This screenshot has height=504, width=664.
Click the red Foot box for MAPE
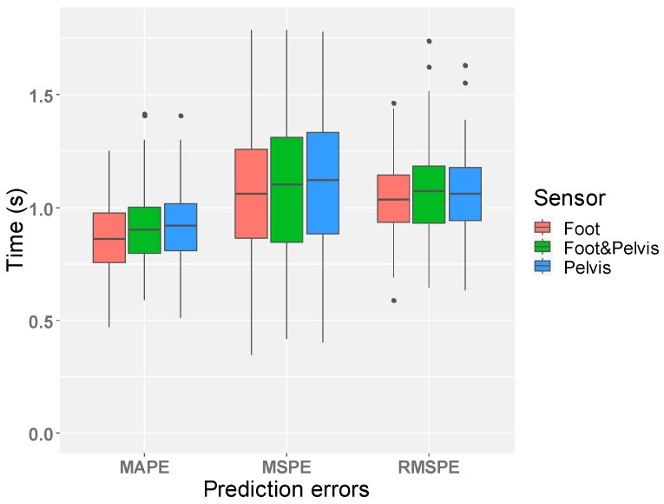(108, 237)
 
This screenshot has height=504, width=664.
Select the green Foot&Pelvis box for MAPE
(144, 230)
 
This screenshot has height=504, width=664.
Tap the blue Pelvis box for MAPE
(181, 227)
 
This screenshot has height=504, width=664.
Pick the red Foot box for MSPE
(251, 193)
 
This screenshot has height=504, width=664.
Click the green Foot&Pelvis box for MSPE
(286, 189)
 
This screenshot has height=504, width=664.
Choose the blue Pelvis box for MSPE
(322, 183)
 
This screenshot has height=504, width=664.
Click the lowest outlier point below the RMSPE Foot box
(393, 301)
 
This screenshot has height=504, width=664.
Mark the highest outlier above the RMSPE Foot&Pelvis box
(429, 41)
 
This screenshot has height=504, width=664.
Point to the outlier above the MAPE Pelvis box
(181, 116)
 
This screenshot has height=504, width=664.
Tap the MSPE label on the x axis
(286, 468)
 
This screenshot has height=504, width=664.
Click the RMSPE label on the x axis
(429, 468)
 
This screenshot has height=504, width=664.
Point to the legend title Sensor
(569, 197)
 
